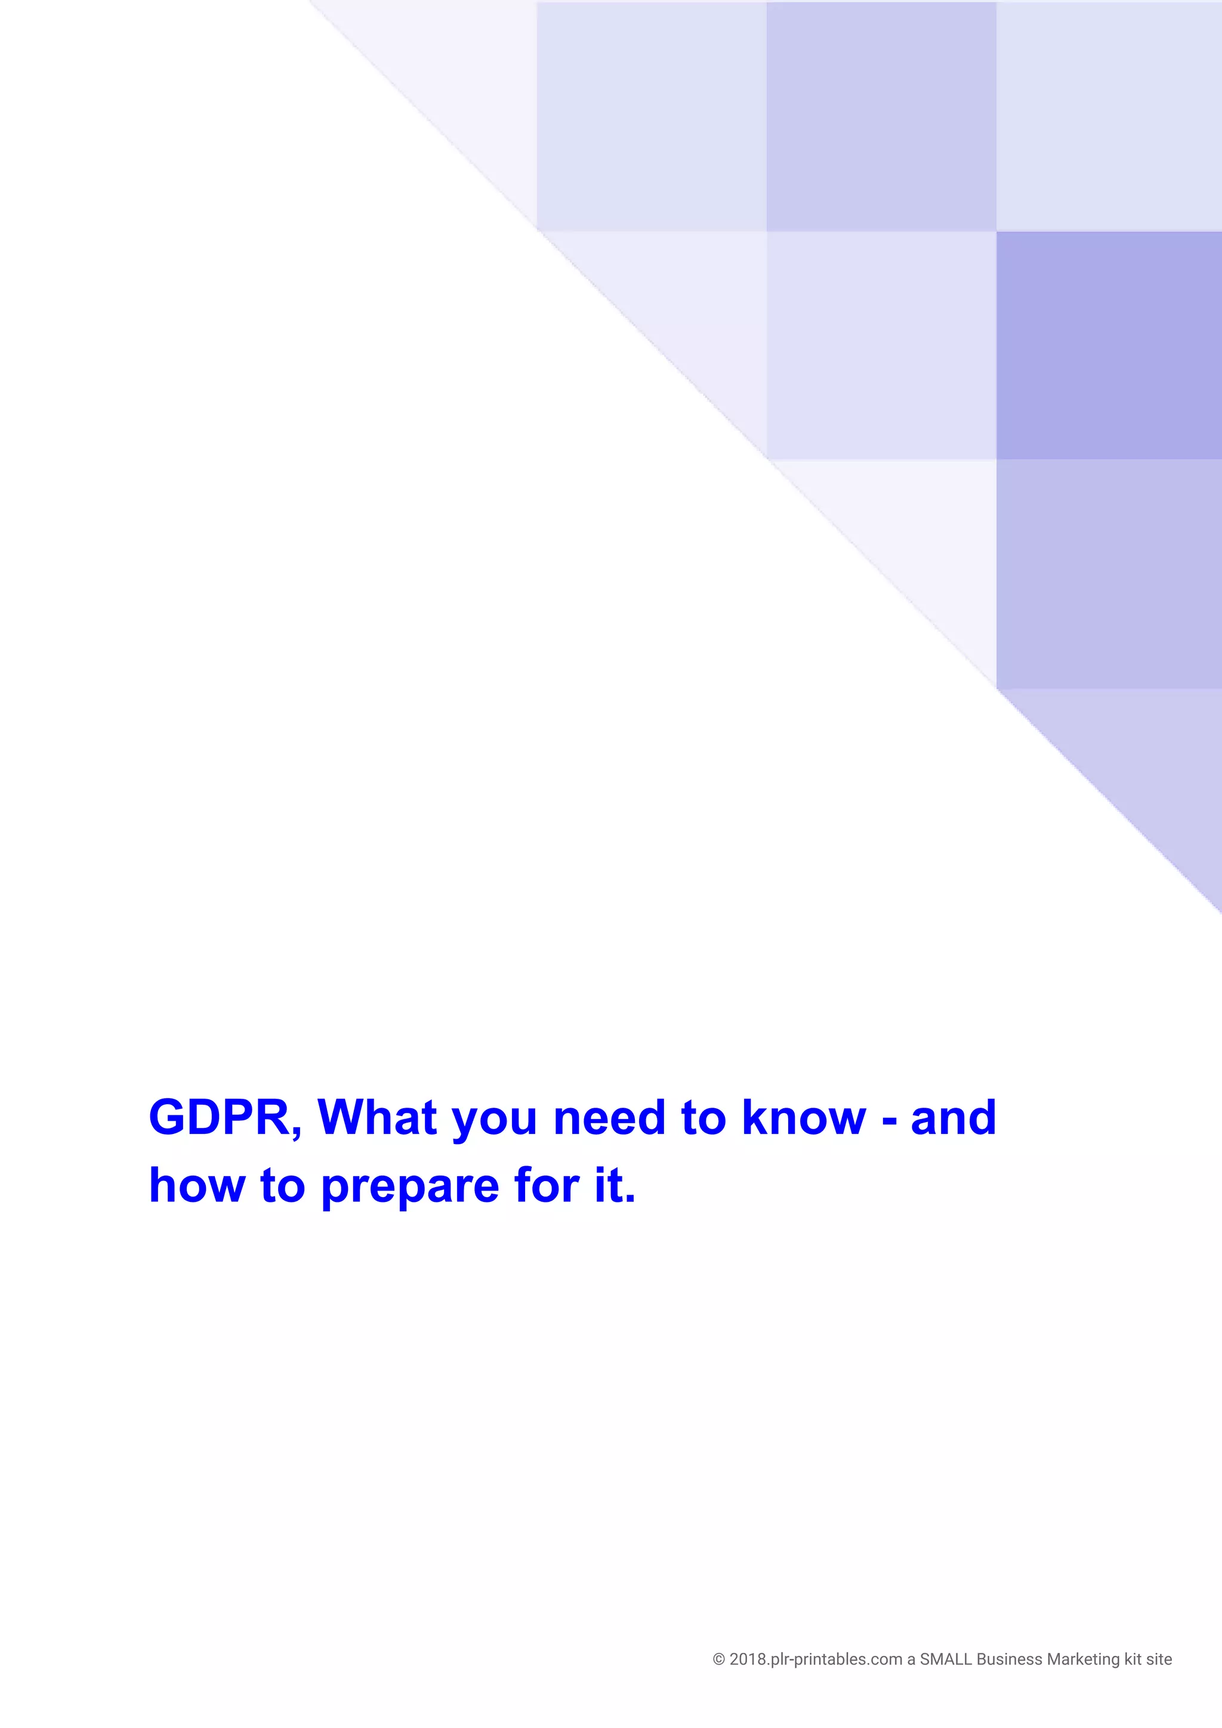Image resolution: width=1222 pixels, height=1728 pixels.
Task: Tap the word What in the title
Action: point(377,1118)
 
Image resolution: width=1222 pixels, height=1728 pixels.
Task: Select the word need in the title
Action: point(610,1118)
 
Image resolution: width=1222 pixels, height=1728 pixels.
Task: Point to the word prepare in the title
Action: point(409,1188)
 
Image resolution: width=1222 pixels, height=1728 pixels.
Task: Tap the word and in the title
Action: point(954,1118)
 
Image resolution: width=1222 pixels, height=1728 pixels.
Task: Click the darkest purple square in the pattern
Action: point(1108,345)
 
